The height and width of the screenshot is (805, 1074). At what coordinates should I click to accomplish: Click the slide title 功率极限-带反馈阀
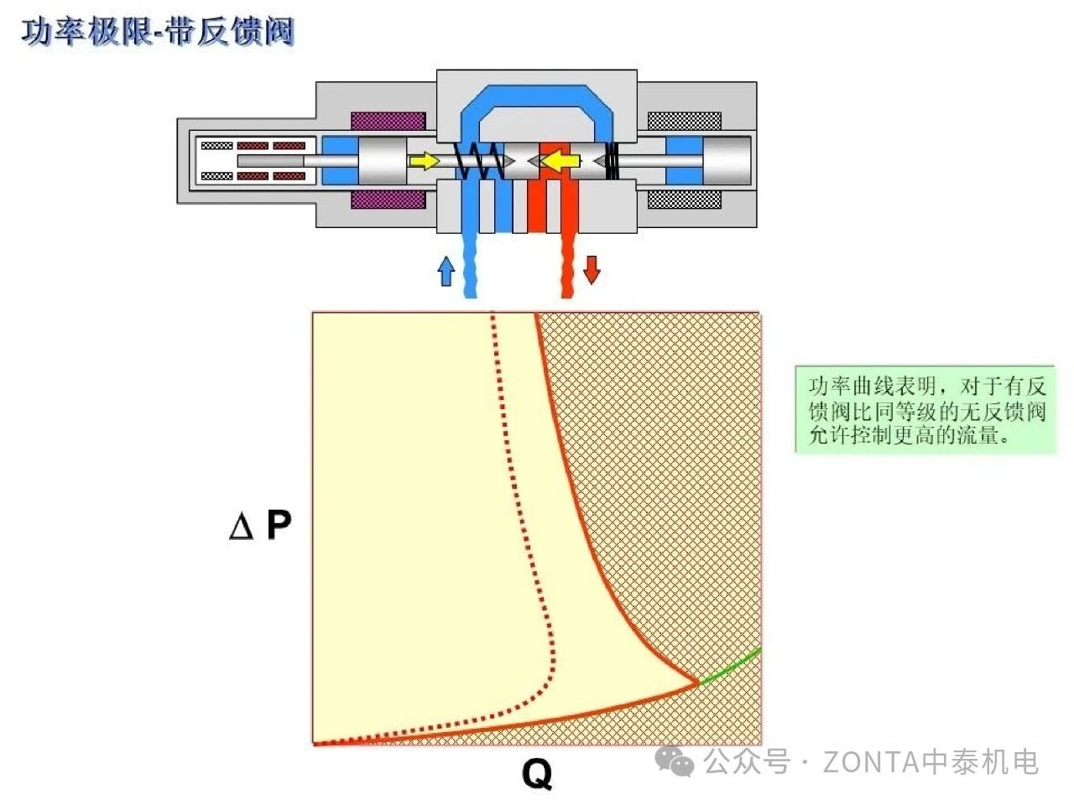tap(158, 32)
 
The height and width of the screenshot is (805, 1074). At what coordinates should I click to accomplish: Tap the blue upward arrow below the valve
tap(446, 271)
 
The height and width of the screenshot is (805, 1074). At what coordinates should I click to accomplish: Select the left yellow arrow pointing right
tap(425, 160)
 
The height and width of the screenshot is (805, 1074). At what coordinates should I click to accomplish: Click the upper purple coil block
tap(388, 121)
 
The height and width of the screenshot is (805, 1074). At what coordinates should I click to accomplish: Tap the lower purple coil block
tap(388, 200)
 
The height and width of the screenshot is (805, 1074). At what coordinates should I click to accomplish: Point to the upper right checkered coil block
tap(684, 121)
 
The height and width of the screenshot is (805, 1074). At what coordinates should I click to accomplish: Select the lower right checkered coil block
tap(684, 200)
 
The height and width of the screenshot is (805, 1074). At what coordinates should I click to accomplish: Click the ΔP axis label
tap(260, 526)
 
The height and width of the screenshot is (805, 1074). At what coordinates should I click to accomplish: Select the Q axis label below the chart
tap(537, 773)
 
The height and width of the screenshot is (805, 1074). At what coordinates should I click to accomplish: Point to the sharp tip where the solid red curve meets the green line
tap(698, 683)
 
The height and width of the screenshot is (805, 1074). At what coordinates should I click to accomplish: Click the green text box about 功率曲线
tap(925, 410)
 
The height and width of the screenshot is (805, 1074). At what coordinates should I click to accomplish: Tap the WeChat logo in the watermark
tap(675, 761)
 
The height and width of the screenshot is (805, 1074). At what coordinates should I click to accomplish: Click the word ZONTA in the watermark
tap(871, 762)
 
